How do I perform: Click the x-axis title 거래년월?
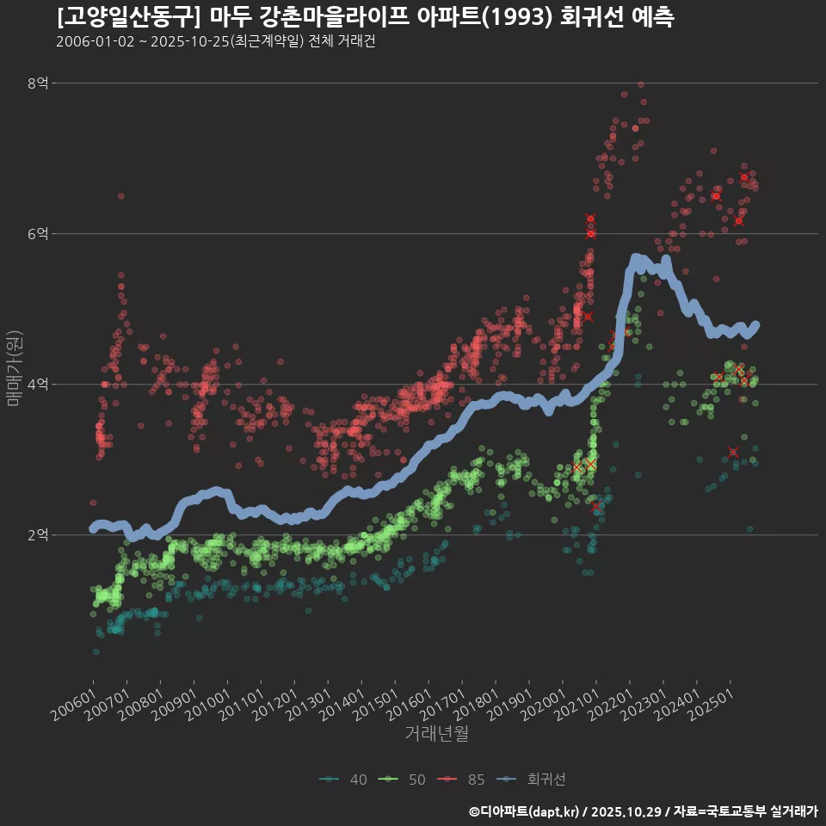tap(436, 734)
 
